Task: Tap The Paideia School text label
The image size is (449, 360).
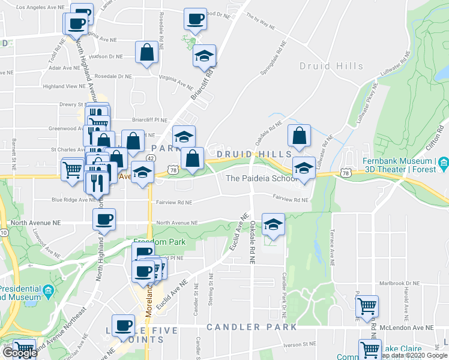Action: point(261,178)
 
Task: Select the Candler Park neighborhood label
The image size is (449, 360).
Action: point(252,327)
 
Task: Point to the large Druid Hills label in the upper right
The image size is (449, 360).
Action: point(331,66)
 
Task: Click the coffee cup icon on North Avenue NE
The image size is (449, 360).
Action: point(104,219)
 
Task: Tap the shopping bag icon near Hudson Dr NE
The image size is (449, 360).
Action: point(147,53)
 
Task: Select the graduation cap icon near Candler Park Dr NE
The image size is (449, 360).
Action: point(273,224)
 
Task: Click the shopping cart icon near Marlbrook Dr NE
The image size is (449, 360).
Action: point(367,306)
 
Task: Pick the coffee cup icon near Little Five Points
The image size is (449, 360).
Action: point(124,325)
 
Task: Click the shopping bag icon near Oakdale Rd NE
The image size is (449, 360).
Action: point(299,137)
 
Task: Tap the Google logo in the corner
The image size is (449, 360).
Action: point(19,353)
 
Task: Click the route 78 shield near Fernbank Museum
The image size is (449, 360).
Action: point(345,173)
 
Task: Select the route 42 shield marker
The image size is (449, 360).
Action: point(150,158)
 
